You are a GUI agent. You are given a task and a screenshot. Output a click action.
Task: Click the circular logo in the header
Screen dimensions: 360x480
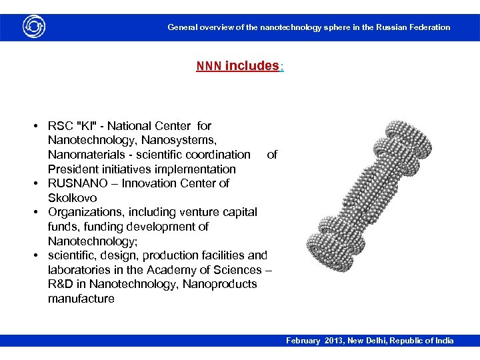pos(33,27)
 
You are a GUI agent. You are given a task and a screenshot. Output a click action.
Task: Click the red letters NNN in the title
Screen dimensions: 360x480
pos(209,67)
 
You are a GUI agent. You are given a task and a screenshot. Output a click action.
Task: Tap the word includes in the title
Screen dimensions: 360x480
pos(251,66)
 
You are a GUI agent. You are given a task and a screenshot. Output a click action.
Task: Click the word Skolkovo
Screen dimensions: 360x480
pos(72,198)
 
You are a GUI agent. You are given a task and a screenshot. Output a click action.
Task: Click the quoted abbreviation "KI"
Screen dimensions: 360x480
pos(87,126)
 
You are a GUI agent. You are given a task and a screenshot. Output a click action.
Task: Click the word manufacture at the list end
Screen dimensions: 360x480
pos(81,299)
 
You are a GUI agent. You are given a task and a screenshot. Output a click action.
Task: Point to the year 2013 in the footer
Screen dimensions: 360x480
pos(334,341)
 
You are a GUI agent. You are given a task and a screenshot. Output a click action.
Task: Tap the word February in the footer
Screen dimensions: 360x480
pos(303,341)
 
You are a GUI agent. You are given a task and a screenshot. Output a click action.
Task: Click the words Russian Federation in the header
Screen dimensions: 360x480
pos(413,27)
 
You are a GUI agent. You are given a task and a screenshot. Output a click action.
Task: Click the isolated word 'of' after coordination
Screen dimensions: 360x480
pos(272,155)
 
